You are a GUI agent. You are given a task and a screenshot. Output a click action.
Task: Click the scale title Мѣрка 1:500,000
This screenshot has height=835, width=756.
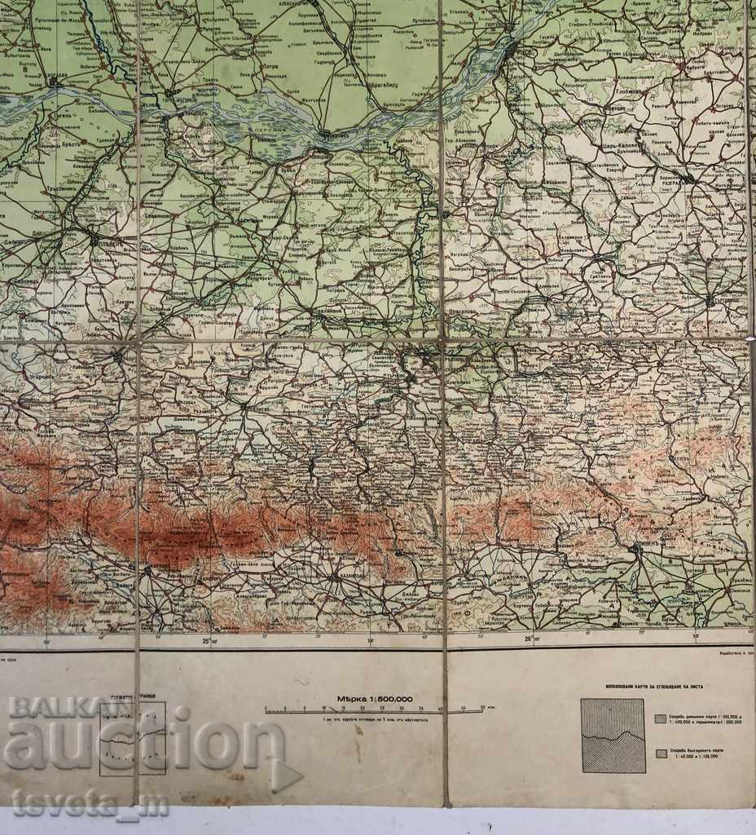click(x=375, y=699)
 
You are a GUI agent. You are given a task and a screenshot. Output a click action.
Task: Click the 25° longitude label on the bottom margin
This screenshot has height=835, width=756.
click(x=209, y=639)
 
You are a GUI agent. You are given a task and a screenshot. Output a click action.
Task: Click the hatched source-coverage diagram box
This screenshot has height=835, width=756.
click(x=612, y=736)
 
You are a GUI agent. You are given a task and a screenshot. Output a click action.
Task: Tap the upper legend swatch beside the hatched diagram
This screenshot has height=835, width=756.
click(x=659, y=718)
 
